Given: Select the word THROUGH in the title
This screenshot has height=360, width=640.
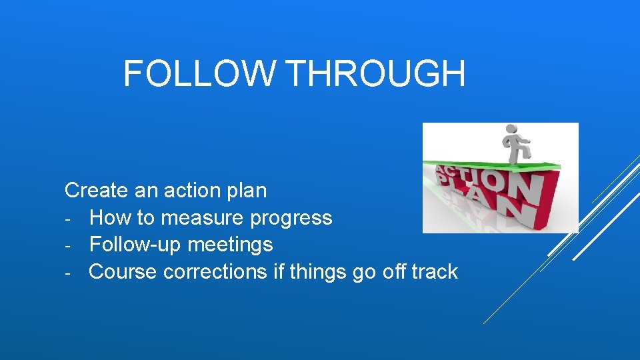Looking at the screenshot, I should point(377,73).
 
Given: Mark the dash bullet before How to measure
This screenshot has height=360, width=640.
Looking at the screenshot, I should point(68,219).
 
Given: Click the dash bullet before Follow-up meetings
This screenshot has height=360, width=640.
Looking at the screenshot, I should point(68,245).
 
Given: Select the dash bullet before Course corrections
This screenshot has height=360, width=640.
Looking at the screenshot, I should point(68,273).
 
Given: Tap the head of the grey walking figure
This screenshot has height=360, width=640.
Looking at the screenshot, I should point(512,129).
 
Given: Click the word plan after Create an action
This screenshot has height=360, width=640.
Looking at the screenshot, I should point(246,191).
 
